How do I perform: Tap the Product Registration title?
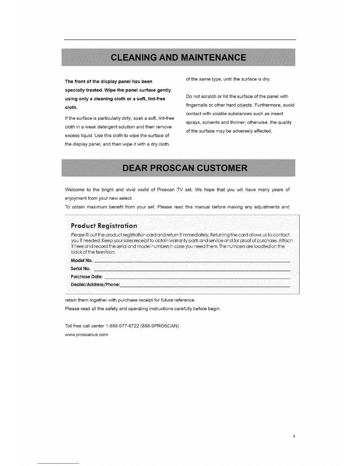104,226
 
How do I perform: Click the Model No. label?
82,260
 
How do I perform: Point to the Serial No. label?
81,268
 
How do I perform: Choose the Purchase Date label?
87,277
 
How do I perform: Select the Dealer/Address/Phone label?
96,284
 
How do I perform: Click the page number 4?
294,436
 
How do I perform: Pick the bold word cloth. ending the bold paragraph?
71,107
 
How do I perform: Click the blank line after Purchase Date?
197,278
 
